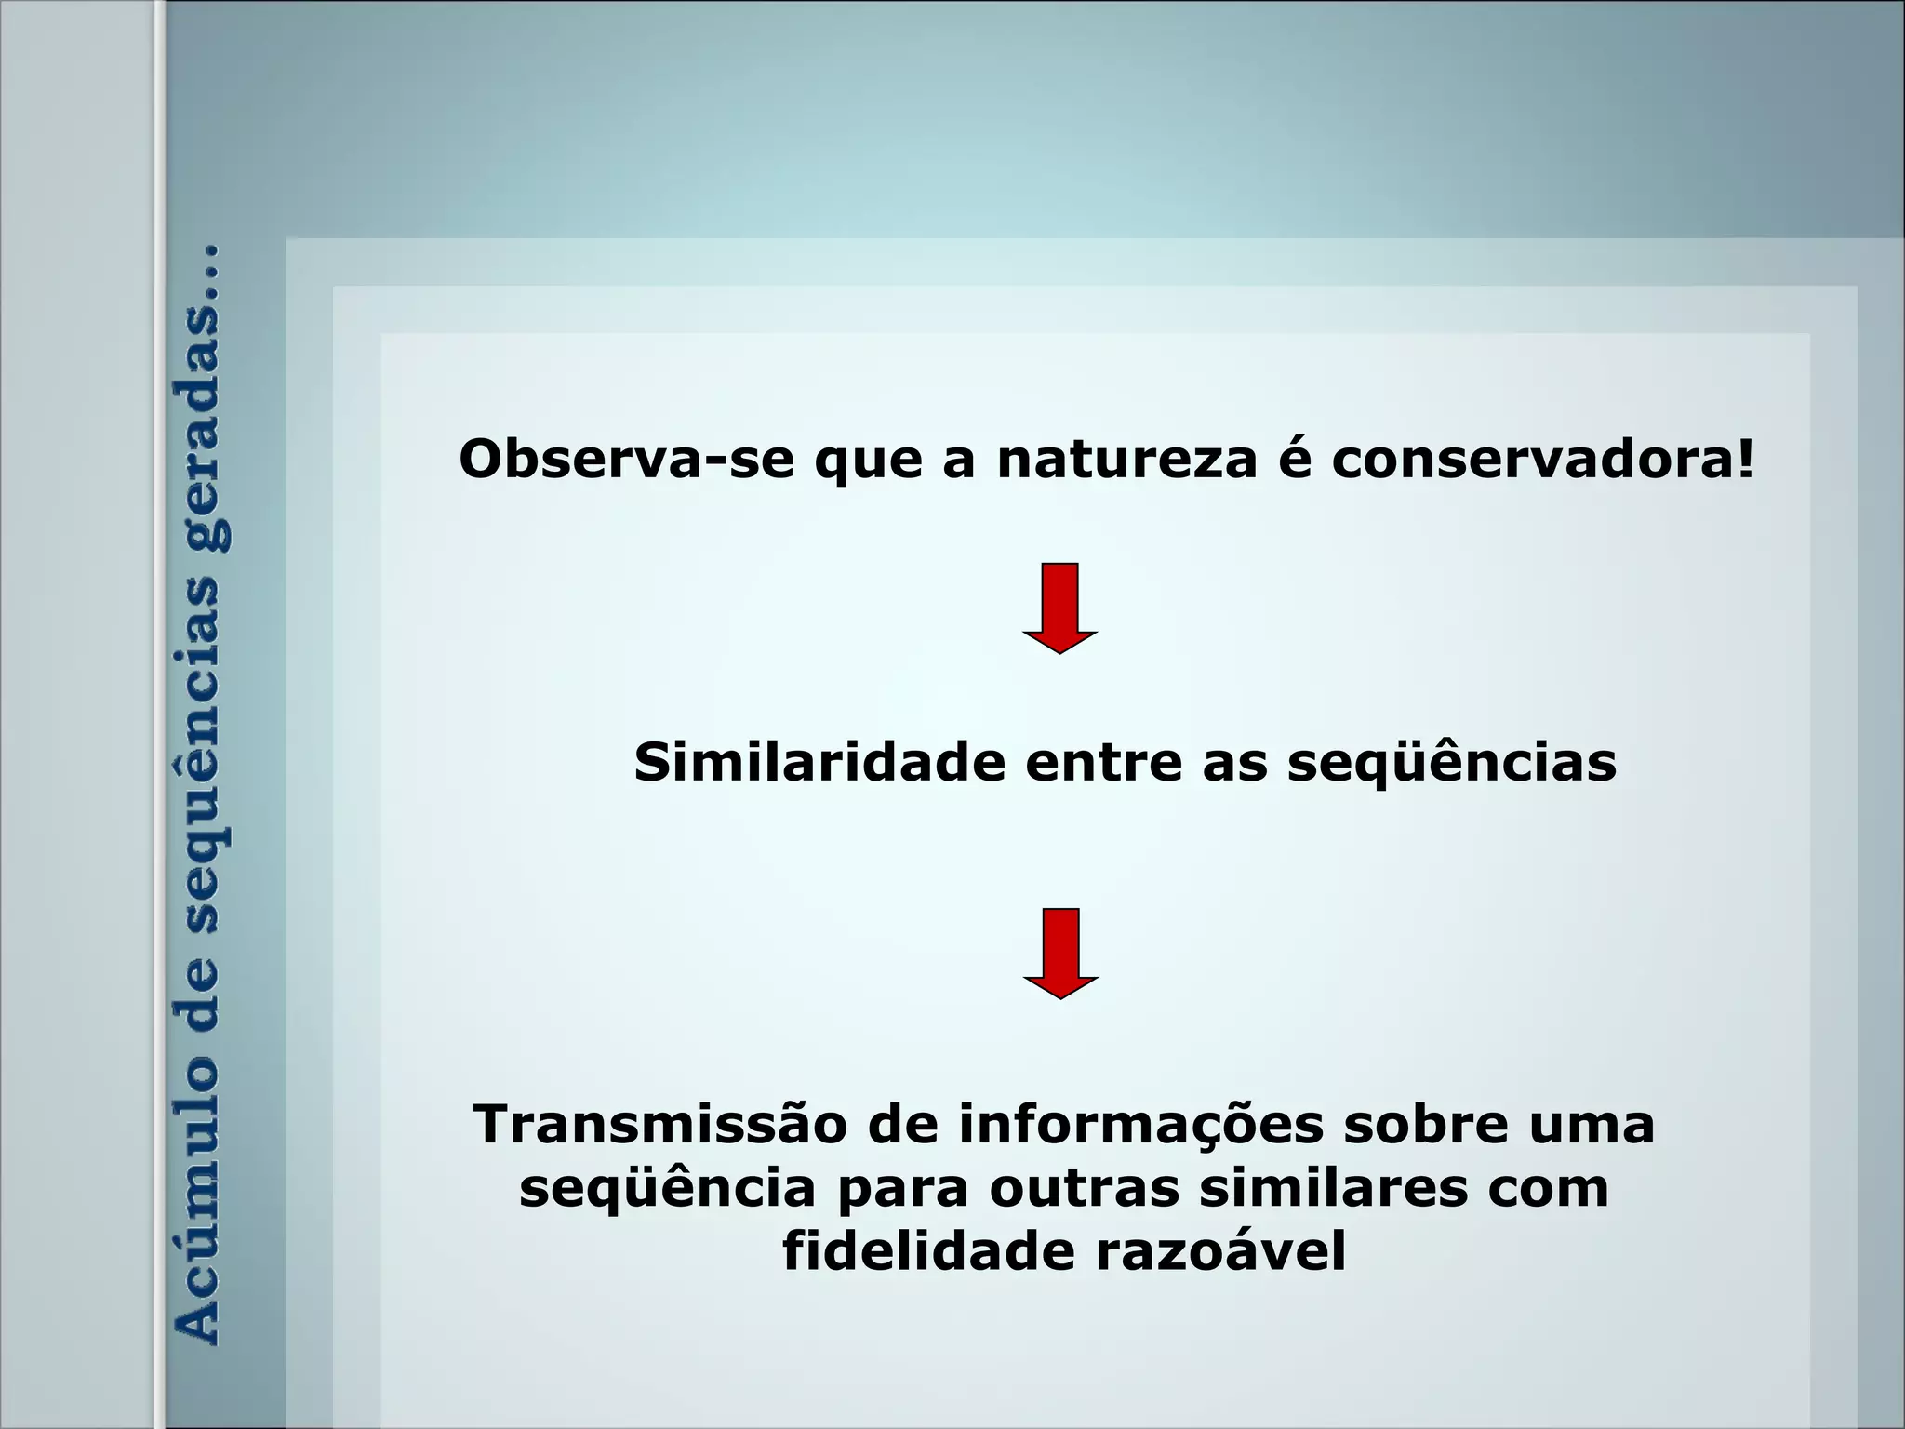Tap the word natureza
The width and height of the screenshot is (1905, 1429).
[x=1126, y=460]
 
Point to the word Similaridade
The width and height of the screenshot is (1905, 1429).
[x=819, y=763]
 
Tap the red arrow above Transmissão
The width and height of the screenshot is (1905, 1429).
[x=1060, y=953]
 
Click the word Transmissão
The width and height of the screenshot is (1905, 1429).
[x=659, y=1125]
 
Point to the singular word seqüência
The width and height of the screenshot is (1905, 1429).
[x=667, y=1190]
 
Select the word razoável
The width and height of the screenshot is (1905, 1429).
[x=1220, y=1252]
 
